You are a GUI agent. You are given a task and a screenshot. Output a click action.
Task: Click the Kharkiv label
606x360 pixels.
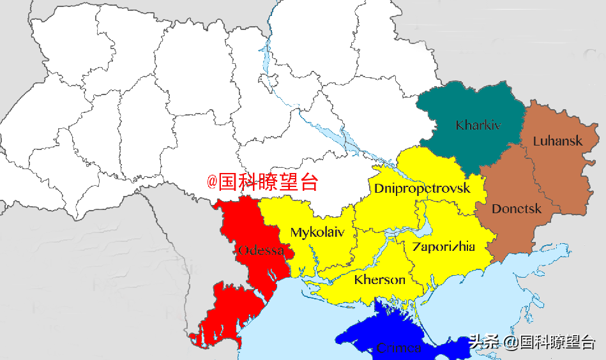click(478, 125)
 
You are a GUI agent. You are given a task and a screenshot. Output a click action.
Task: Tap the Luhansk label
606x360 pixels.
click(557, 140)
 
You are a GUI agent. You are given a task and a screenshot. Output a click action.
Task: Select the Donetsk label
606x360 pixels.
click(517, 209)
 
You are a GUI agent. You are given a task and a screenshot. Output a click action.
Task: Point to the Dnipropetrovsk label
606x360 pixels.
click(421, 188)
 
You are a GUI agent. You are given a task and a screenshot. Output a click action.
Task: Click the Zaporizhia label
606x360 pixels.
click(443, 246)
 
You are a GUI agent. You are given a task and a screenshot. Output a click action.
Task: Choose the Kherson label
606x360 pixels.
click(379, 280)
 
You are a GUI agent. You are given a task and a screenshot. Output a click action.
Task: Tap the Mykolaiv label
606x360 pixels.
click(317, 232)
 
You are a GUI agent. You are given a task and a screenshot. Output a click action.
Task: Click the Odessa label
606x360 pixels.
click(261, 250)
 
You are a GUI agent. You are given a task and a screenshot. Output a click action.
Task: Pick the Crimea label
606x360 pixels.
click(398, 348)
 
